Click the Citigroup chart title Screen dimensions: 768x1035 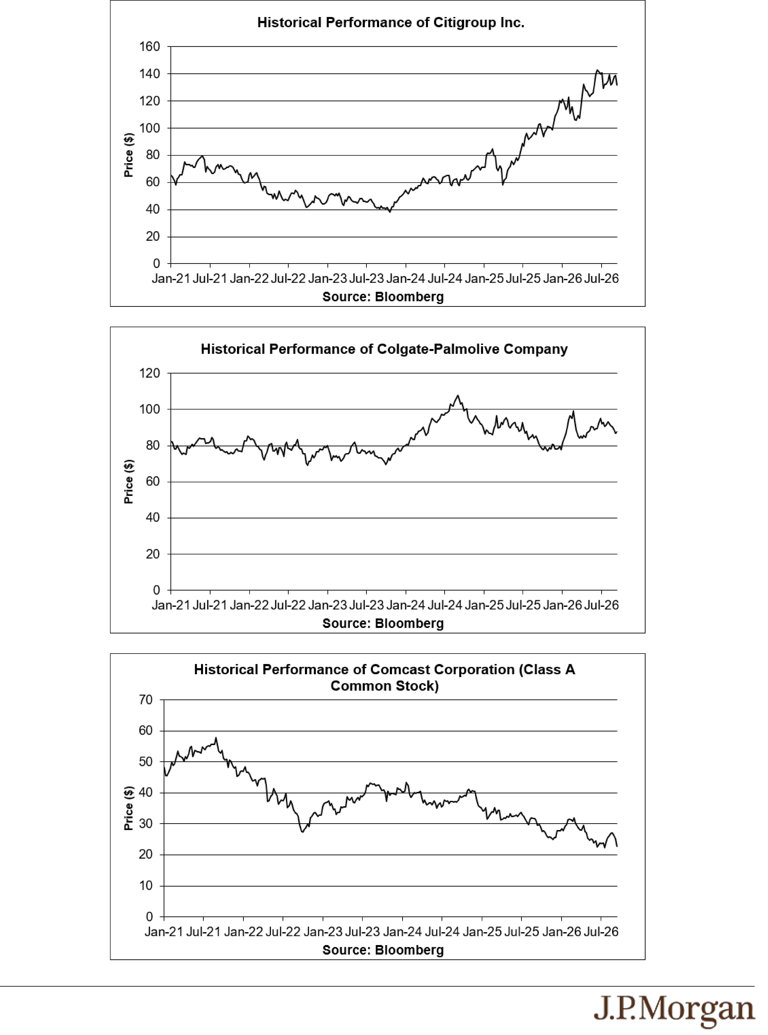[x=391, y=23]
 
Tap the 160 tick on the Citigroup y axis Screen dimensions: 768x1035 [x=150, y=46]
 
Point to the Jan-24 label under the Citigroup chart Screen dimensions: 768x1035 [x=406, y=279]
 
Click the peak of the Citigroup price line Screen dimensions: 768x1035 [x=597, y=71]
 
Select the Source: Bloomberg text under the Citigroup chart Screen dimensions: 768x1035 [x=383, y=297]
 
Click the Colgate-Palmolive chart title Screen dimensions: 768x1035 [x=384, y=349]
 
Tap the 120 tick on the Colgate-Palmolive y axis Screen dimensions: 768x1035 [x=150, y=373]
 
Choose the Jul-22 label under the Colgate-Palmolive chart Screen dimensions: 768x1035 [x=288, y=605]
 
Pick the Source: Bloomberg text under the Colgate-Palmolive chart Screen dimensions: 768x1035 [x=383, y=623]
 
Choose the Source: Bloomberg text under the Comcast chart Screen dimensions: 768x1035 [x=383, y=950]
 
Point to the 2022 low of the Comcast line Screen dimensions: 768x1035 [x=303, y=832]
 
